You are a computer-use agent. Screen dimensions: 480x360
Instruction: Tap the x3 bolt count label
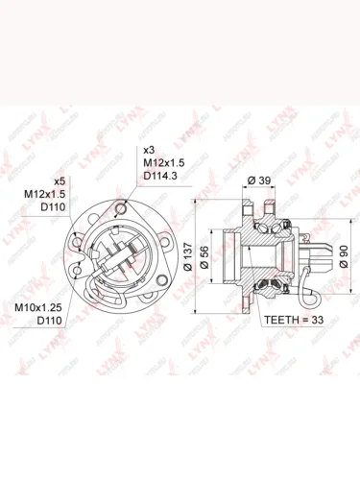coord(149,151)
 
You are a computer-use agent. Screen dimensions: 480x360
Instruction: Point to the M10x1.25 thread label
coord(39,306)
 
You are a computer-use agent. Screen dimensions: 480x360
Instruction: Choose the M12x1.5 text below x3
coord(165,164)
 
